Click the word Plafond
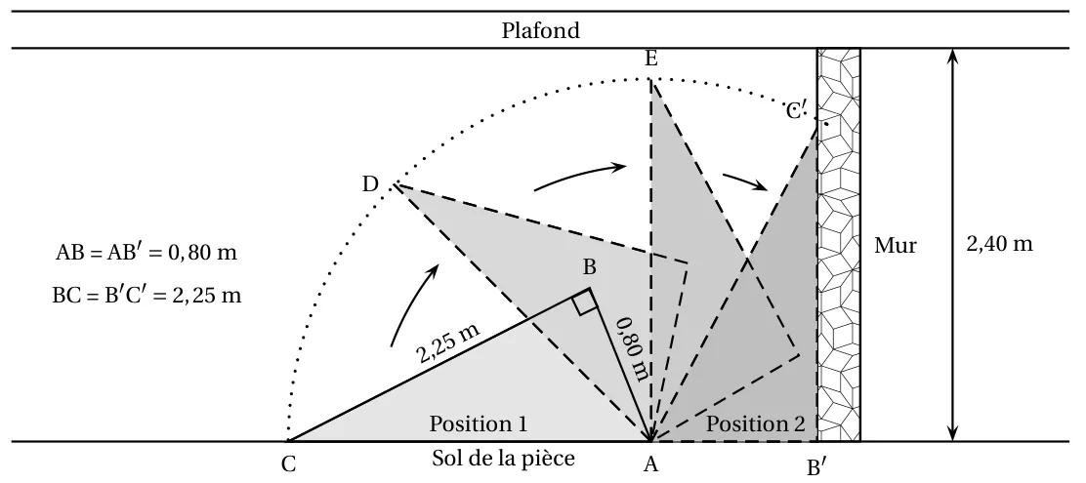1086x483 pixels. (x=541, y=30)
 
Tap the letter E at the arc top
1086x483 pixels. (x=651, y=60)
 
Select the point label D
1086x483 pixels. (x=370, y=184)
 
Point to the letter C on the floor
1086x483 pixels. (x=289, y=465)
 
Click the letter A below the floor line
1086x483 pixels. (x=650, y=465)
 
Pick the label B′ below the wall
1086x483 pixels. (x=815, y=467)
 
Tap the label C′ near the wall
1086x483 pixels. (x=796, y=110)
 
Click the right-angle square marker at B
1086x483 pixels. (x=584, y=302)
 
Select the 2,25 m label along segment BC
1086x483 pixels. (x=448, y=342)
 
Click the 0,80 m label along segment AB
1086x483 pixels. (x=635, y=348)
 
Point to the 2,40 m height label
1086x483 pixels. (x=999, y=244)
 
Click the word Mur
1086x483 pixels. (x=895, y=246)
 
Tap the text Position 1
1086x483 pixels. (x=479, y=423)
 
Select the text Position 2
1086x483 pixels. (x=756, y=423)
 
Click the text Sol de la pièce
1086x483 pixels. (x=504, y=458)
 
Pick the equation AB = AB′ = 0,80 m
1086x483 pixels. (x=146, y=254)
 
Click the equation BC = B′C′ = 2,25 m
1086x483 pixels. (x=146, y=296)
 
